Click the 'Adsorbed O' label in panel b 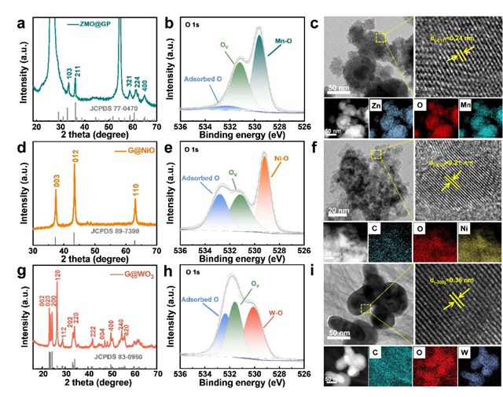pyautogui.click(x=204, y=79)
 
